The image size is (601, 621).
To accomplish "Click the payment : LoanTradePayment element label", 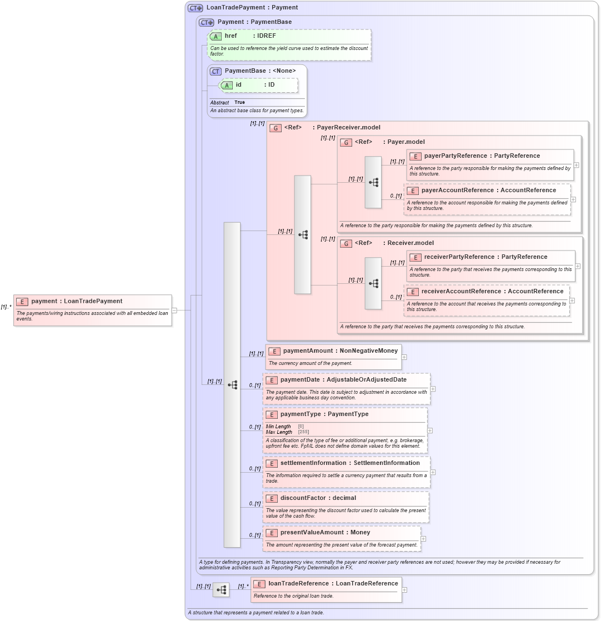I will pyautogui.click(x=77, y=301).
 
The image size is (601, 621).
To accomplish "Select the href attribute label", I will pyautogui.click(x=231, y=36).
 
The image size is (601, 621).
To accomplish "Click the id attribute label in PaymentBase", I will pyautogui.click(x=238, y=85).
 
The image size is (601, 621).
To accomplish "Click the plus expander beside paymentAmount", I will pyautogui.click(x=404, y=357).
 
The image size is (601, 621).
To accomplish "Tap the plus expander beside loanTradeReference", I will pyautogui.click(x=404, y=590).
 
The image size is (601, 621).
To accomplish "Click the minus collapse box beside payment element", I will pyautogui.click(x=174, y=310).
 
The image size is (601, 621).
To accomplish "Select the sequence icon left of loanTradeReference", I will pyautogui.click(x=221, y=590).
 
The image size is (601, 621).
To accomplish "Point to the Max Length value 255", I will pyautogui.click(x=303, y=432).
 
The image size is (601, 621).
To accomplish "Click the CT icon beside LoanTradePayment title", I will pyautogui.click(x=195, y=8).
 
